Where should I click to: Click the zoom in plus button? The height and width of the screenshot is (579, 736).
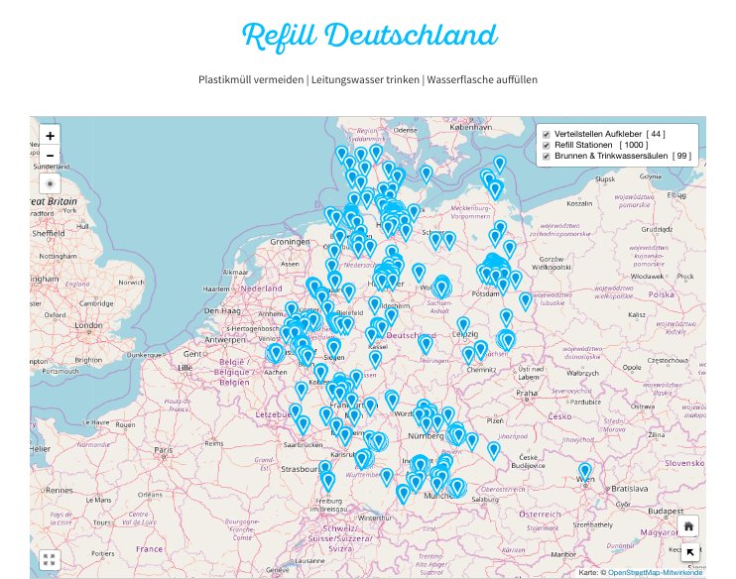(51, 135)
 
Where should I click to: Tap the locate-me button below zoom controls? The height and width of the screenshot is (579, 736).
(51, 184)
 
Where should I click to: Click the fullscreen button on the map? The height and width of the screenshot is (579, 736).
(51, 559)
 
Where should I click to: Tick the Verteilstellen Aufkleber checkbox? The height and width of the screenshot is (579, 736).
(545, 133)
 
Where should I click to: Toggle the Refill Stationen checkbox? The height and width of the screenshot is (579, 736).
(545, 145)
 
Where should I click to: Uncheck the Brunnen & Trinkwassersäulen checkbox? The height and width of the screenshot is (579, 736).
(545, 157)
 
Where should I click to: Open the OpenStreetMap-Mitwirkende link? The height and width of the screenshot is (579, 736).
(656, 573)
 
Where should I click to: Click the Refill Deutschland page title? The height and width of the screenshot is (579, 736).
(368, 37)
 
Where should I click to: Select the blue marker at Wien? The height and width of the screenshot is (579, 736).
(585, 472)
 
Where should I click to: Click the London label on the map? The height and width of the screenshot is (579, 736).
(88, 325)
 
